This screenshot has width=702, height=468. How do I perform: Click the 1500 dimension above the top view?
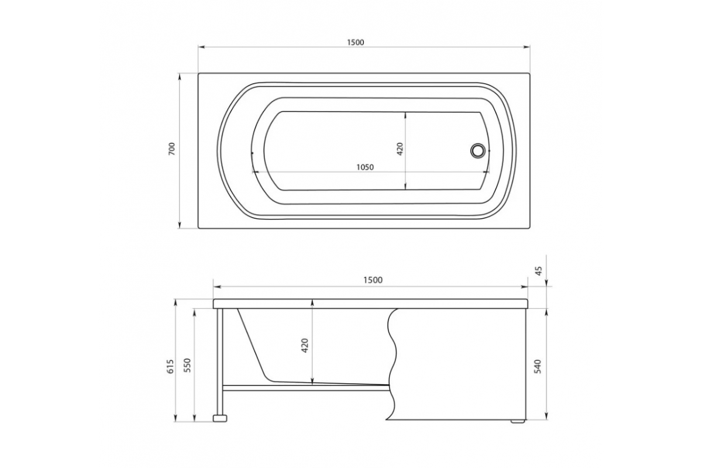click(x=355, y=42)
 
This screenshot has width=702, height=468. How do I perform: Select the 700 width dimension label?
click(x=171, y=150)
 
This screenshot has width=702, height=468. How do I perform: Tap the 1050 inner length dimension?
click(x=364, y=167)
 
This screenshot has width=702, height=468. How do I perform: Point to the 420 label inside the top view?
click(x=400, y=149)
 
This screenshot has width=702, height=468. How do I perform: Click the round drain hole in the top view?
click(x=478, y=150)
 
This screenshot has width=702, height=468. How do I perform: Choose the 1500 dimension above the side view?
click(x=373, y=280)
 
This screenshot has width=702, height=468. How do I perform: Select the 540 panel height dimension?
click(x=539, y=366)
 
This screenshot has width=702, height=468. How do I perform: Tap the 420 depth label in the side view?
click(x=305, y=346)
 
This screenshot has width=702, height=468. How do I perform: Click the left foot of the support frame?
click(x=221, y=418)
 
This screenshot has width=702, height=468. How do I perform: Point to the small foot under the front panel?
click(x=517, y=421)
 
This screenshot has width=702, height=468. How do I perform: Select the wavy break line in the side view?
click(x=393, y=363)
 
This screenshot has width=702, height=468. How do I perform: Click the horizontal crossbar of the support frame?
click(x=304, y=387)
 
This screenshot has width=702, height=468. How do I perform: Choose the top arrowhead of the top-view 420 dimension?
click(x=407, y=113)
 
